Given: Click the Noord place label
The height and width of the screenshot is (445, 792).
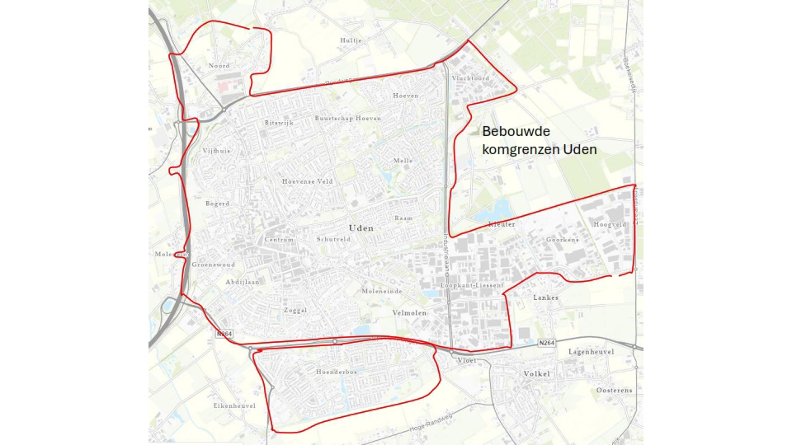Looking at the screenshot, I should (219, 65).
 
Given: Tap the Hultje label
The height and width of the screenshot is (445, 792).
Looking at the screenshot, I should (351, 40).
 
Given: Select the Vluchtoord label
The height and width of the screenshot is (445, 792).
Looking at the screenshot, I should (470, 78).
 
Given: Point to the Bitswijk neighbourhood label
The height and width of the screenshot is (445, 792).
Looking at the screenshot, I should (279, 123).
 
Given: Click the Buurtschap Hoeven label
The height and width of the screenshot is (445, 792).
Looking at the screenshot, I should (347, 119).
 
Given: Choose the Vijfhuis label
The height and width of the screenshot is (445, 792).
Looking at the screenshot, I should (216, 151).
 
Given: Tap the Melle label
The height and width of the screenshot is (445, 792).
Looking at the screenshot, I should (403, 161).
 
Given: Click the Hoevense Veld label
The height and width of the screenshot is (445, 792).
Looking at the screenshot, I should (307, 181).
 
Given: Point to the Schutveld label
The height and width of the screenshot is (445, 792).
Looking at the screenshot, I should (333, 239).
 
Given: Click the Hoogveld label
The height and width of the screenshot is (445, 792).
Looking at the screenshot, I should (610, 224).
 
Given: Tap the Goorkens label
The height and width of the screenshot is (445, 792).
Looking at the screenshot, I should (563, 240).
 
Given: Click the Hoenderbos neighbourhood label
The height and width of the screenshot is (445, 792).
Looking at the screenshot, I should (335, 372).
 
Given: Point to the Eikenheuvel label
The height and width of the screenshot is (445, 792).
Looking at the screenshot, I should (232, 406).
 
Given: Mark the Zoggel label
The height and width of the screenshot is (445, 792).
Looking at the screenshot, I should (295, 311).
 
